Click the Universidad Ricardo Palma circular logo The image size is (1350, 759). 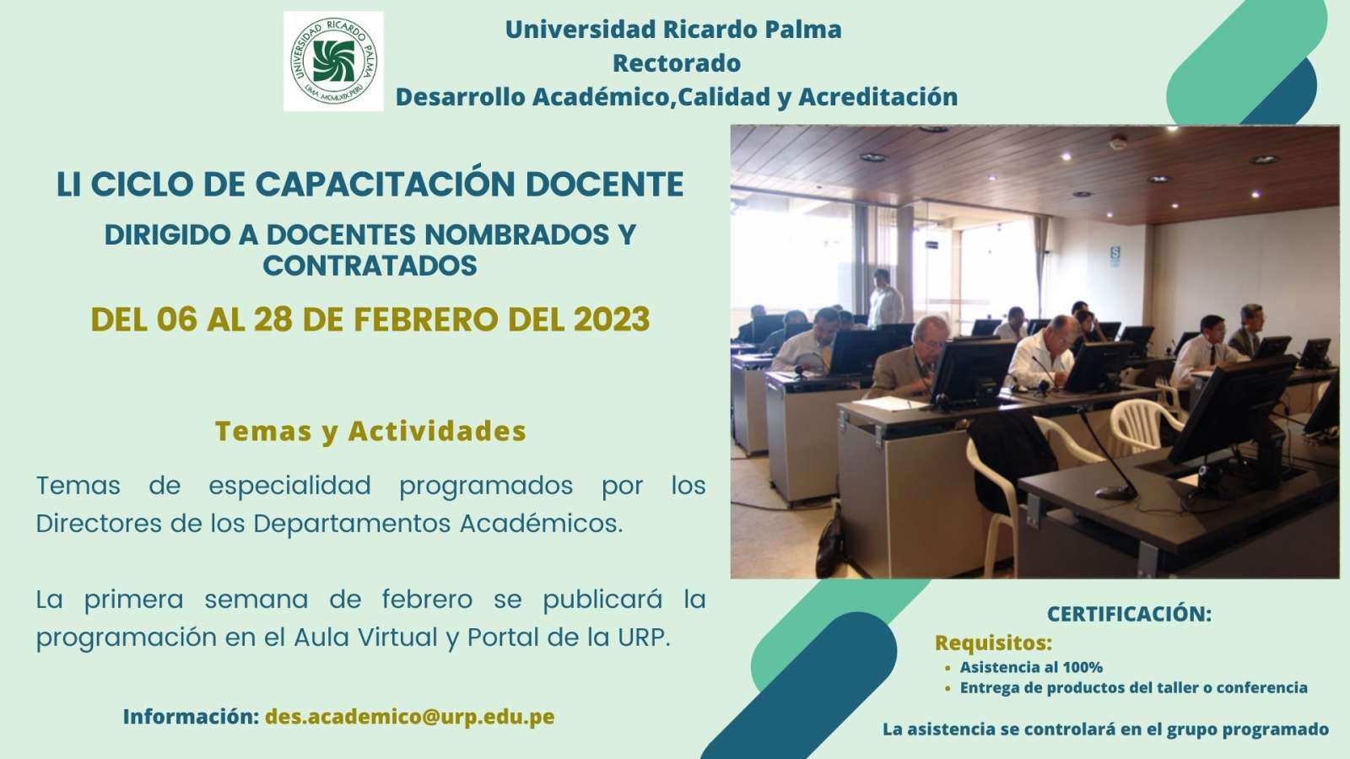[x=333, y=61]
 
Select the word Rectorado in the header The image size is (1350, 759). [x=676, y=63]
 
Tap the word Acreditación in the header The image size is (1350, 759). [x=878, y=97]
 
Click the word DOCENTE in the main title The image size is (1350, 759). [x=604, y=184]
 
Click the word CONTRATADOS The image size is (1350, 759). [x=370, y=266]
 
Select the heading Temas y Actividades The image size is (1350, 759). [x=370, y=431]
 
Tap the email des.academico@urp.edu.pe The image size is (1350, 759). [x=410, y=717]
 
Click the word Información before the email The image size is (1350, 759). [x=191, y=717]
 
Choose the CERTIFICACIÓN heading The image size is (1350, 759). [x=1129, y=614]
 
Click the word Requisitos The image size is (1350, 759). [x=993, y=643]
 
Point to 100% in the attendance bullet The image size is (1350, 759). [x=1083, y=667]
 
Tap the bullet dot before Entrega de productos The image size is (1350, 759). [x=948, y=688]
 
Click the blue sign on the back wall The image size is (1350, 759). [x=1115, y=256]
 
